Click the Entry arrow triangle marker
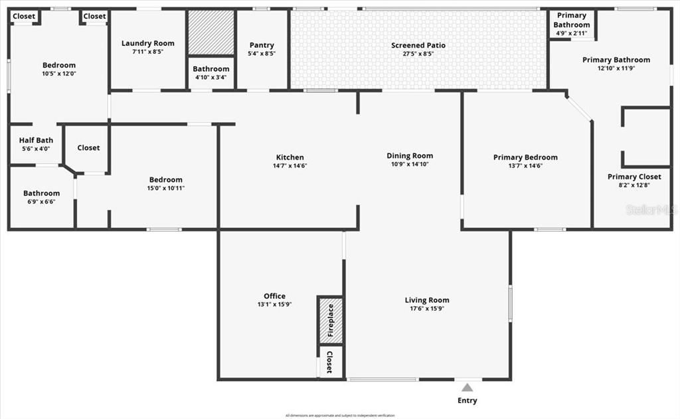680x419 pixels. (x=467, y=387)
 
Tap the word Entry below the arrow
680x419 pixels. (x=467, y=400)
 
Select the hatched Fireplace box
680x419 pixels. (x=330, y=321)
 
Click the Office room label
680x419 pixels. (x=274, y=296)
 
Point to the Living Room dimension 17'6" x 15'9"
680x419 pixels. (x=427, y=309)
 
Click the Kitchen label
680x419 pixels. (x=290, y=157)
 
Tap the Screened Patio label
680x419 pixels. (x=418, y=45)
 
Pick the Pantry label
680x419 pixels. (x=262, y=45)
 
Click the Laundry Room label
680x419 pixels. (x=148, y=43)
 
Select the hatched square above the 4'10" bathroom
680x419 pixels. (x=211, y=33)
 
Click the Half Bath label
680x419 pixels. (x=36, y=140)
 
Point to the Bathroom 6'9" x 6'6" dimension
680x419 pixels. (x=42, y=201)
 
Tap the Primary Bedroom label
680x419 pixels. (x=525, y=157)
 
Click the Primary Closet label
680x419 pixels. (x=634, y=177)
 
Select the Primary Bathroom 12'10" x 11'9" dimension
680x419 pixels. (x=616, y=68)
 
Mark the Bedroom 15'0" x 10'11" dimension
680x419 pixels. (x=165, y=188)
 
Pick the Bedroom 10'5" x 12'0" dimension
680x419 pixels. (x=59, y=73)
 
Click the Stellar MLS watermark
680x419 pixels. (x=653, y=210)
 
